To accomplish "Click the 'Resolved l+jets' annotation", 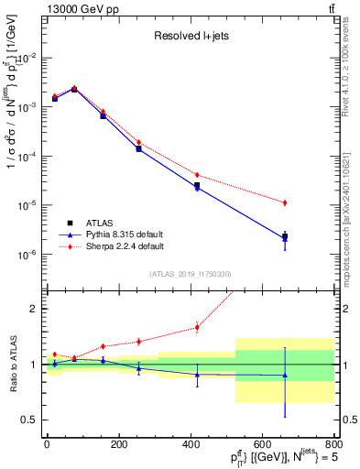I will pos(190,38).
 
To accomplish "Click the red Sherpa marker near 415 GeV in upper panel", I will pos(197,174).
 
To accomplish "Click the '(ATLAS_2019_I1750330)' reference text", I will pos(190,274).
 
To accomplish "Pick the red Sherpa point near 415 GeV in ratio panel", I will pos(197,327).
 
